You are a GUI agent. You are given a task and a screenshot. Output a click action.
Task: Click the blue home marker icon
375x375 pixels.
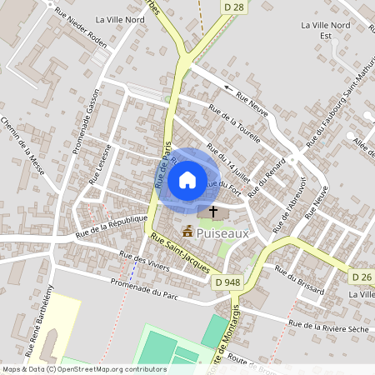[187, 179]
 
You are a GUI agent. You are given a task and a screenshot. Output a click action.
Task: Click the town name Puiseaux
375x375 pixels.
[224, 234]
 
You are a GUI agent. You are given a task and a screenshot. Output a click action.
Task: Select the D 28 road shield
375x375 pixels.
[235, 7]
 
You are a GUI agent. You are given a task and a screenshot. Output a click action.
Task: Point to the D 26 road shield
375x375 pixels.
[361, 277]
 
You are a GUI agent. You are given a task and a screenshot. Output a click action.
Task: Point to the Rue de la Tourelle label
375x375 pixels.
[235, 122]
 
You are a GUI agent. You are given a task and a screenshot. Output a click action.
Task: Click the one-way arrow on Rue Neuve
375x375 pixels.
[228, 86]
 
